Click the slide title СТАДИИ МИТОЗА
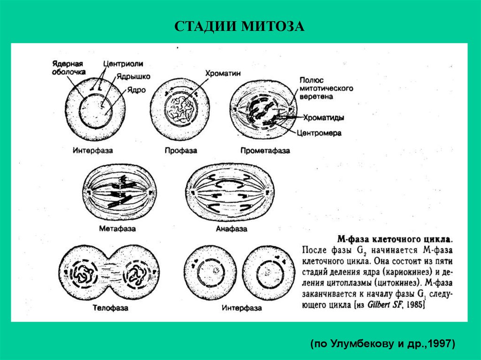coord(240,26)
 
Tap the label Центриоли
coord(124,64)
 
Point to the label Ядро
coord(135,89)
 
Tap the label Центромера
coord(319,133)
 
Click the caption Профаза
coord(180,151)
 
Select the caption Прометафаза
coord(265,151)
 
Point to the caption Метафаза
coord(117,229)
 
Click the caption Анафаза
coord(231,229)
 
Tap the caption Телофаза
coord(111,308)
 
